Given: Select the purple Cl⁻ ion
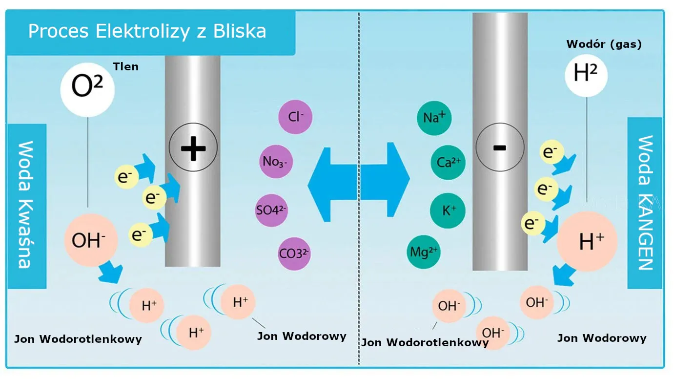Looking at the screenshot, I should (295, 117).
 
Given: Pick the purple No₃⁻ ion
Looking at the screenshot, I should (276, 161).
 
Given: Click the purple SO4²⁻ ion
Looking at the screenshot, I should (271, 210).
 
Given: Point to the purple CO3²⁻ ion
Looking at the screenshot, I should (294, 253).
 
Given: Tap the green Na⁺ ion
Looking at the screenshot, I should (434, 118).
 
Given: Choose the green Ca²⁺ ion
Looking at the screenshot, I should (448, 162).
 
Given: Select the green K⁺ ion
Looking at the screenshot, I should (448, 211).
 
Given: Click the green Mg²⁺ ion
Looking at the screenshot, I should (424, 252).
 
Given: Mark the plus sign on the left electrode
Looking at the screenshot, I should (193, 147).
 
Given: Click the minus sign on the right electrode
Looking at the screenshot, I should (500, 147).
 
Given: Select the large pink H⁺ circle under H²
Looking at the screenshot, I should (587, 241).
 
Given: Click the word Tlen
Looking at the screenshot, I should (125, 66).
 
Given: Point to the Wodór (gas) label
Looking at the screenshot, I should (604, 44).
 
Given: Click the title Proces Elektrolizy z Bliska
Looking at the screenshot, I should (147, 31).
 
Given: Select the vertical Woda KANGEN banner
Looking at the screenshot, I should (645, 203).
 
